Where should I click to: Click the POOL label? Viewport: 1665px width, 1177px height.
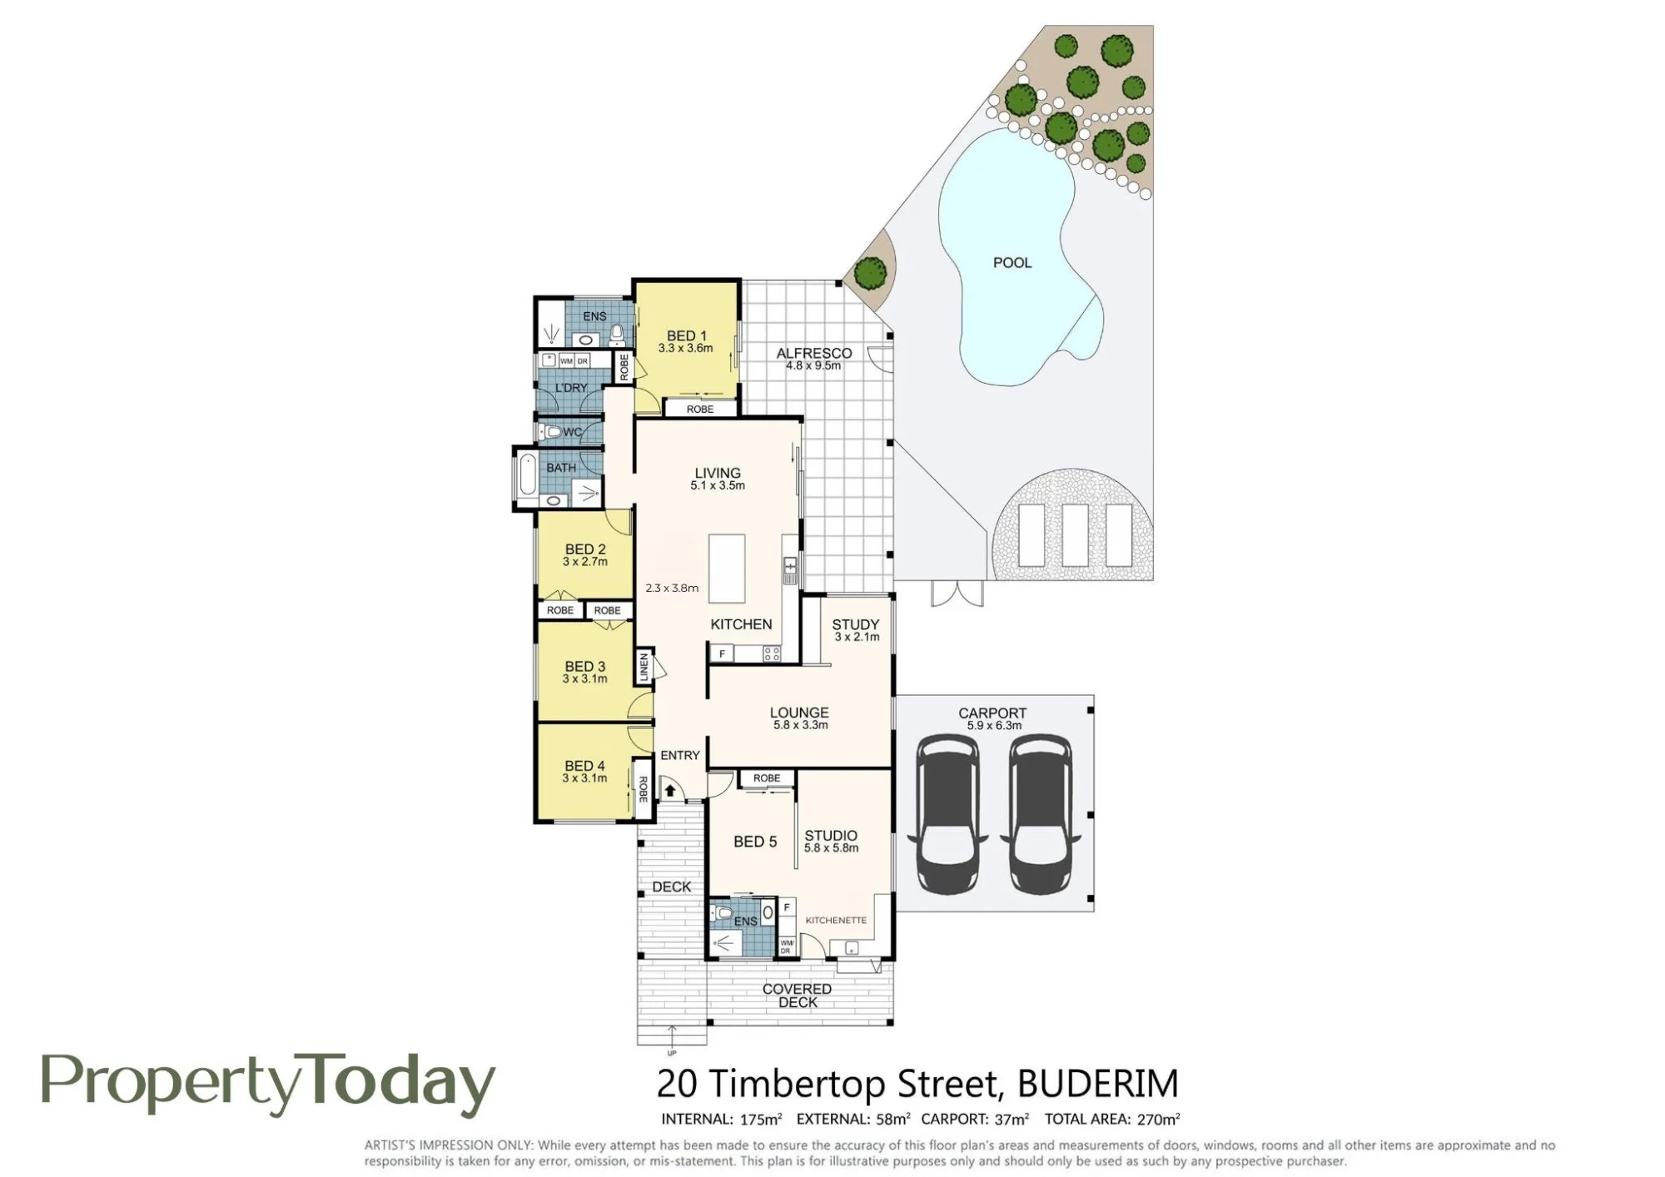(1012, 262)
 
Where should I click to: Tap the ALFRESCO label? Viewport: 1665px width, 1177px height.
(814, 353)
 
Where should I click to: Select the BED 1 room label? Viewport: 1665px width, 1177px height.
(687, 336)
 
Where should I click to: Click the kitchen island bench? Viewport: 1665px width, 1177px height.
(727, 568)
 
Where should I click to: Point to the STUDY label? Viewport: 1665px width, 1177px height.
(856, 624)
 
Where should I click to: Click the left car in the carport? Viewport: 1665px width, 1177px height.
(947, 813)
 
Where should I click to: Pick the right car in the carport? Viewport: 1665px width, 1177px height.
(1040, 813)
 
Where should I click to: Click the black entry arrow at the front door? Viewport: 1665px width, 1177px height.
(670, 790)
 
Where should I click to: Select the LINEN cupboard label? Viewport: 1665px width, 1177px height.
(644, 666)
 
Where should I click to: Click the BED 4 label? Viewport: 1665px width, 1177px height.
(584, 766)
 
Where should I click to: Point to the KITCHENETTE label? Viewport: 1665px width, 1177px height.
(836, 920)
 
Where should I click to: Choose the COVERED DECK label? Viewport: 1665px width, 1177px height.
(798, 996)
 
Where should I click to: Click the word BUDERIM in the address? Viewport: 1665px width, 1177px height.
(1098, 1084)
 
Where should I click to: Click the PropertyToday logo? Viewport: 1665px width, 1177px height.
(268, 1085)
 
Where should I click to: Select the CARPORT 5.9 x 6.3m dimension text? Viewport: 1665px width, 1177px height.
(994, 725)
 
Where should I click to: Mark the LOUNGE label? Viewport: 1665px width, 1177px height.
(799, 713)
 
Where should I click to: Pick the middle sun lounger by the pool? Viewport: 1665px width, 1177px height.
(1075, 535)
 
